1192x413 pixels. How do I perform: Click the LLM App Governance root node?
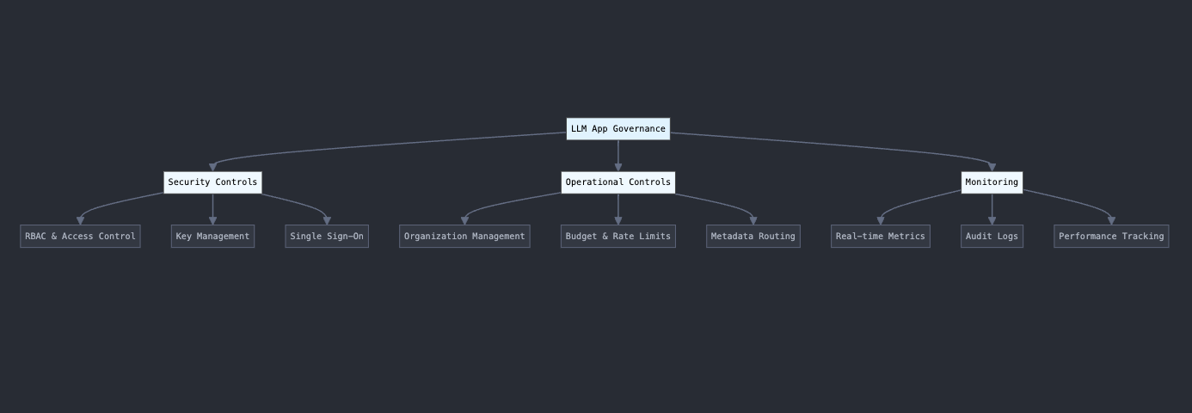618,129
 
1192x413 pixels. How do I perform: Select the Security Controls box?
212,182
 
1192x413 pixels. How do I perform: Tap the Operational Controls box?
618,182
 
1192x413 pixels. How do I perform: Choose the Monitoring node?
992,182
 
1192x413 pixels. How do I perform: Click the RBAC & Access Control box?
80,237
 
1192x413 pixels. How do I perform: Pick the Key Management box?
212,237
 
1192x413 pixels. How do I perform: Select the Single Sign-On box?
327,237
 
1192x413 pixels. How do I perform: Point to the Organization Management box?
464,237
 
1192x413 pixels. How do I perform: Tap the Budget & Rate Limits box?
618,237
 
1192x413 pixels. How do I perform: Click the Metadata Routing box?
753,237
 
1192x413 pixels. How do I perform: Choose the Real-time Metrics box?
880,237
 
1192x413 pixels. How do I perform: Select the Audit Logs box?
992,237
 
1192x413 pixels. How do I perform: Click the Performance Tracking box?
1111,237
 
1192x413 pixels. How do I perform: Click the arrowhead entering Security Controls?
212,167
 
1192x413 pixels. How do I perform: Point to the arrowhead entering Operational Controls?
618,167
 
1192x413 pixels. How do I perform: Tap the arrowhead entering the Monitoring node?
992,167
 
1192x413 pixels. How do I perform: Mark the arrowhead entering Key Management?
212,221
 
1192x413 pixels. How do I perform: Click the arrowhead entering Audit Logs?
992,221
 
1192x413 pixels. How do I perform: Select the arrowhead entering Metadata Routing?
753,221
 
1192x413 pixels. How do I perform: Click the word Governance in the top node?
639,129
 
